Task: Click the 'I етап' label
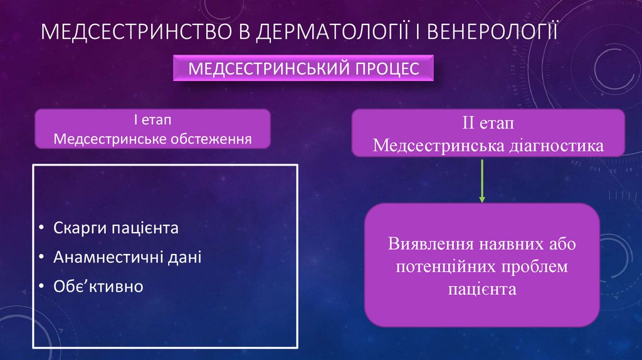pyautogui.click(x=152, y=120)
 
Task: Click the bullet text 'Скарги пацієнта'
pyautogui.click(x=116, y=228)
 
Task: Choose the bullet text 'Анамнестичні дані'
pyautogui.click(x=127, y=257)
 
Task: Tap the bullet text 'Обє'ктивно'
pyautogui.click(x=98, y=287)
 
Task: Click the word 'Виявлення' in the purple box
pyautogui.click(x=430, y=243)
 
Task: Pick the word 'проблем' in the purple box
pyautogui.click(x=534, y=266)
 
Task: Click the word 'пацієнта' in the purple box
pyautogui.click(x=482, y=289)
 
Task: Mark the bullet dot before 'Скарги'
pyautogui.click(x=41, y=228)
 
